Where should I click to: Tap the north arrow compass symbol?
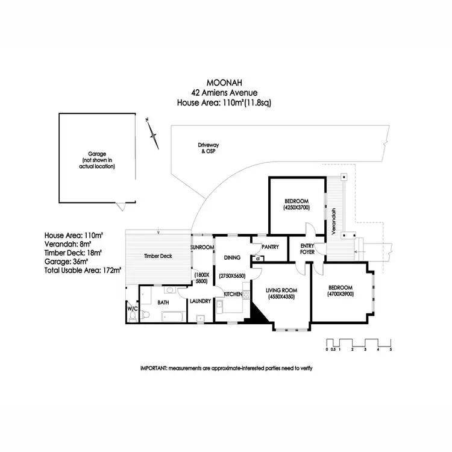pyautogui.click(x=154, y=134)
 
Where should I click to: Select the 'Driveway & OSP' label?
pyautogui.click(x=207, y=148)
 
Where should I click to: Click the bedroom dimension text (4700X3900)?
pyautogui.click(x=341, y=294)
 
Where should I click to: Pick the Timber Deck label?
pyautogui.click(x=159, y=256)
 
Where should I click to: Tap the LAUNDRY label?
pyautogui.click(x=199, y=301)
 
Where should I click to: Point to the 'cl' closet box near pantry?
pyautogui.click(x=258, y=259)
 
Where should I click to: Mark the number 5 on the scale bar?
pyautogui.click(x=391, y=350)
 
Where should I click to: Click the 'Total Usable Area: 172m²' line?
pyautogui.click(x=83, y=271)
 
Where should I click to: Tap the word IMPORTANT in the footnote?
pyautogui.click(x=154, y=368)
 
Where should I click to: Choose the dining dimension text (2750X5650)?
pyautogui.click(x=232, y=275)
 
